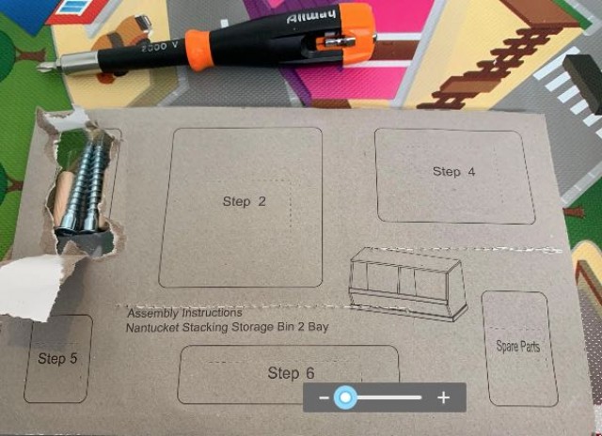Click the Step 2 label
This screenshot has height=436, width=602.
244,201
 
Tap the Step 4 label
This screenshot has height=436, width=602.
453,171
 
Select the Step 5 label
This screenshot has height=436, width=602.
57,358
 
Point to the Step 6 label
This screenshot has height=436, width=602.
291,373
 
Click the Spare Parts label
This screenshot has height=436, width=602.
517,346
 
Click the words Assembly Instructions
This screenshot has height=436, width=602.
183,312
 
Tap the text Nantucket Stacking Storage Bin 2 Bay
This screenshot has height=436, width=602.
227,327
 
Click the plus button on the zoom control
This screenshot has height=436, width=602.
444,397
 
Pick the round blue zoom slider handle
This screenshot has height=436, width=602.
346,397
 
